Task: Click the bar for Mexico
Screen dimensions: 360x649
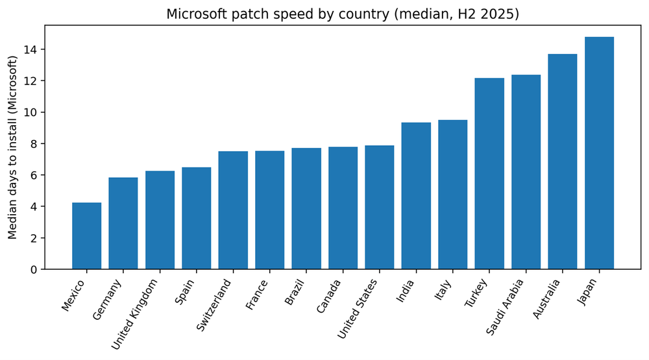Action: coord(86,236)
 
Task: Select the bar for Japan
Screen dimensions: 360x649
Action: coord(599,153)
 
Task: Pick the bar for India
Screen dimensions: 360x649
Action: coord(416,196)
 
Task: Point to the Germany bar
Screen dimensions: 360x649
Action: coord(123,223)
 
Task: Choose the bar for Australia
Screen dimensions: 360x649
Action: coord(563,162)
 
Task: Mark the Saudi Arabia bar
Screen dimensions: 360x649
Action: coord(526,172)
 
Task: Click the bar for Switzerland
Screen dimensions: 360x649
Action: coord(233,210)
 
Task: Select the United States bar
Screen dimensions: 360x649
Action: coord(379,208)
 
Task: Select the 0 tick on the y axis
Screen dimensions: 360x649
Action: coord(36,269)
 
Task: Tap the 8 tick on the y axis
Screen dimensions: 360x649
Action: coord(36,144)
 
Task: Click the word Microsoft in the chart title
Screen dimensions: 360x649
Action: coord(195,14)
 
